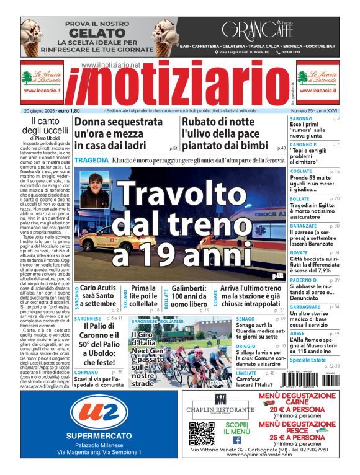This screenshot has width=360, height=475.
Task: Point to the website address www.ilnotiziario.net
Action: (111, 65)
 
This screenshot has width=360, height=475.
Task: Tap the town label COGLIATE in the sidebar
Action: (302, 171)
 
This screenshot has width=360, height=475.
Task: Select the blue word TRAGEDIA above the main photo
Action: (92, 160)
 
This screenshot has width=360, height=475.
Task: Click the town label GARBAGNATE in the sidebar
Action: (305, 306)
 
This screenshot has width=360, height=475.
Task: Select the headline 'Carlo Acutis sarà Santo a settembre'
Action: (99, 296)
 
